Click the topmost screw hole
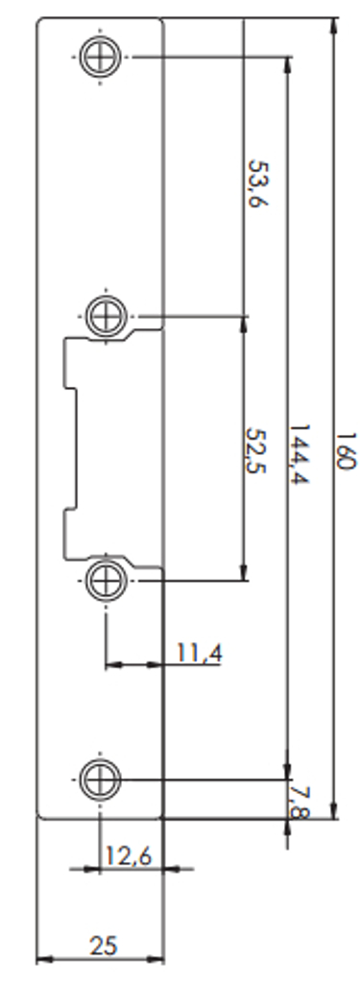click(x=101, y=57)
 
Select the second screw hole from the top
click(x=106, y=316)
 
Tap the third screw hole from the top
click(x=106, y=581)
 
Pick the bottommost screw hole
click(x=100, y=780)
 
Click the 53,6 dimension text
click(x=258, y=183)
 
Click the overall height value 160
click(x=346, y=450)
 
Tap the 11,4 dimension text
click(x=199, y=654)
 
